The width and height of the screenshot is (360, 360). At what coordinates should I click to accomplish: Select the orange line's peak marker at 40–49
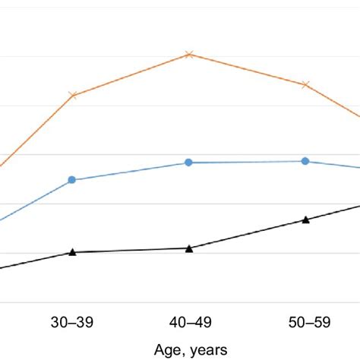pos(189,54)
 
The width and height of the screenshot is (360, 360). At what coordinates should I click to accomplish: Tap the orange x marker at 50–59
pos(305,84)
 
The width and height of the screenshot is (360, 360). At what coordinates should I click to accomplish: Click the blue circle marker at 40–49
pos(189,163)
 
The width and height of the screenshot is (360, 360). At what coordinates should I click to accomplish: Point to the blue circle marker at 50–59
pos(305,161)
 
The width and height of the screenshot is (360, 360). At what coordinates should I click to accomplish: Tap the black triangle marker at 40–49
pos(189,248)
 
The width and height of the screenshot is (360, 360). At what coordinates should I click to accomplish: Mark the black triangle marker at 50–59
pos(305,219)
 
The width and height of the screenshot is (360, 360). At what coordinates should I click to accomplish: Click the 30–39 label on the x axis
pos(73,323)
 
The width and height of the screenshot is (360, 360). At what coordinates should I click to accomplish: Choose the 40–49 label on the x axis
pos(189,323)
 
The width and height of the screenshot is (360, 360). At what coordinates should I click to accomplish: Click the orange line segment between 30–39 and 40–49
pos(131,74)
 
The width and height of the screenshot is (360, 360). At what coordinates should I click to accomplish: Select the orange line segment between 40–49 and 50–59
pos(247,69)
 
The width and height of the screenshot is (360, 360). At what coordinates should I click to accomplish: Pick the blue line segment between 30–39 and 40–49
pos(131,172)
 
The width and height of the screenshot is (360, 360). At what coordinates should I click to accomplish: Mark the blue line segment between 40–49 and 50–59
pos(247,162)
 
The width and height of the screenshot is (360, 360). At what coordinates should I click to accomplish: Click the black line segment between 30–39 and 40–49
pos(131,250)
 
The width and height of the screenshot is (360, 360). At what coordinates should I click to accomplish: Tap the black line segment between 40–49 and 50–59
pos(247,234)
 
